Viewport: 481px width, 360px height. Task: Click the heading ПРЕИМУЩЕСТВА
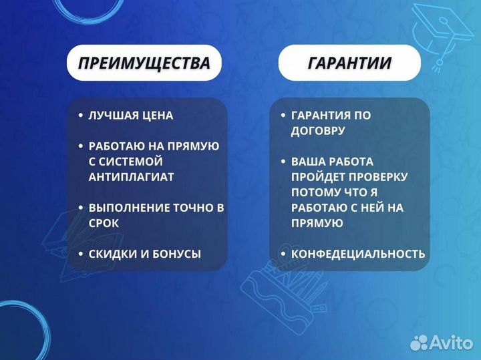tap(144, 63)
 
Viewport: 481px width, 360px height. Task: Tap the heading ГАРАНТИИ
tap(349, 63)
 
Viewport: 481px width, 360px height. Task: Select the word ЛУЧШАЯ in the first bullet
tap(112, 116)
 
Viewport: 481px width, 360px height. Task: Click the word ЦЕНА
tap(156, 116)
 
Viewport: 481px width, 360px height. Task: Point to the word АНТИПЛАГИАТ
tap(131, 177)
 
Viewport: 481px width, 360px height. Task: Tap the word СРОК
tap(104, 223)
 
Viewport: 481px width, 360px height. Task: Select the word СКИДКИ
tap(111, 254)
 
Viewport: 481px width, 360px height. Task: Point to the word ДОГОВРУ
tap(318, 131)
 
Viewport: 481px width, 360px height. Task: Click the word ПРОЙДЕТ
tap(318, 177)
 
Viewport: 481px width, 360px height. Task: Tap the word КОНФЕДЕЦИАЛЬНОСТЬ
tap(357, 254)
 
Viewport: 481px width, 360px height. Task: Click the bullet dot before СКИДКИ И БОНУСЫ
tap(80, 254)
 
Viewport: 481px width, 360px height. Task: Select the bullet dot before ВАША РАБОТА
tap(283, 162)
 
